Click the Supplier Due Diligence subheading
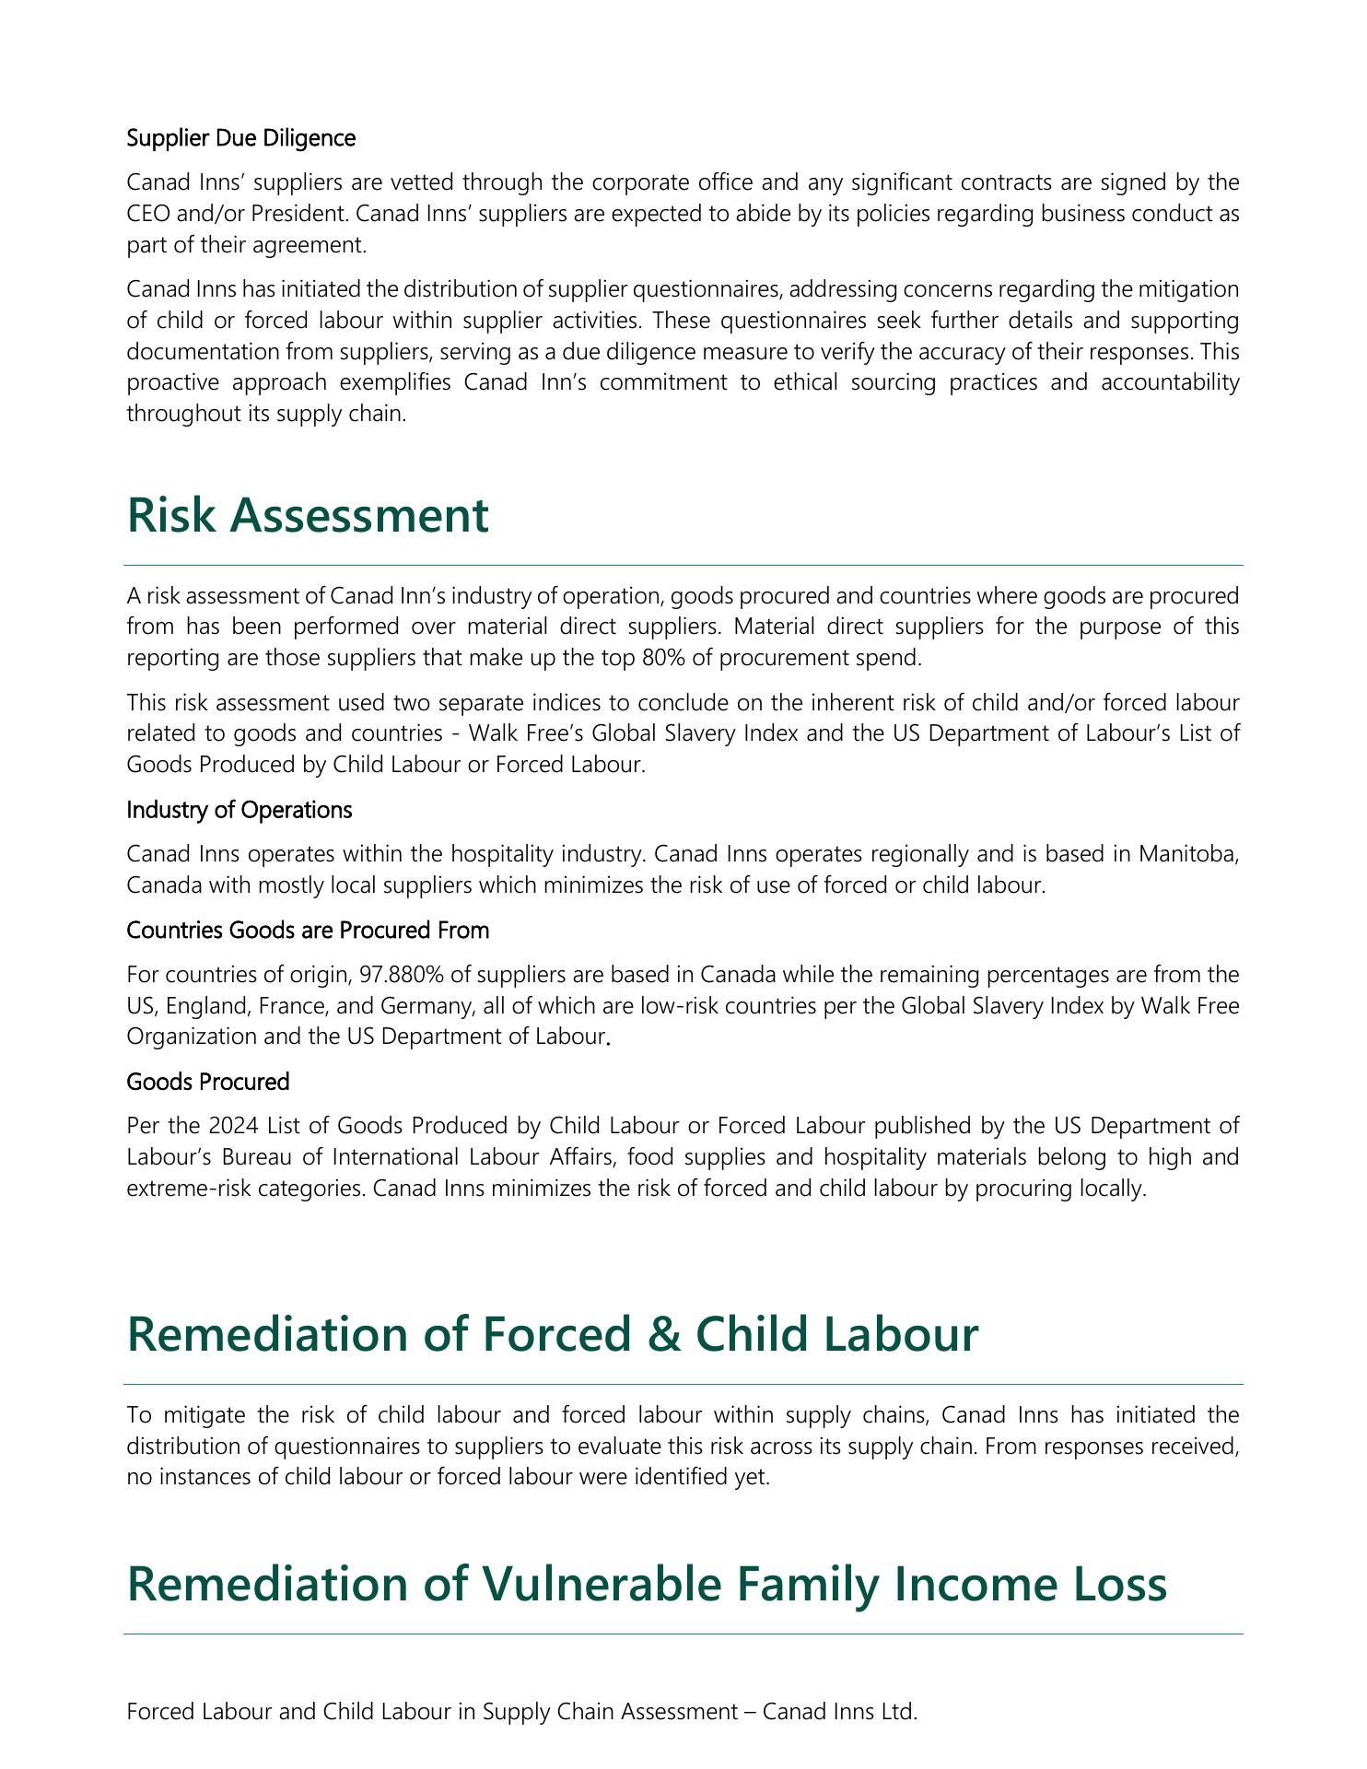240,138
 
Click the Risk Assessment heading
308,514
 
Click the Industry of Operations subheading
239,810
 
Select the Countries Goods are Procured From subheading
308,931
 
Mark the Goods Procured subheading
208,1081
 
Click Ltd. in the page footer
899,1712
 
